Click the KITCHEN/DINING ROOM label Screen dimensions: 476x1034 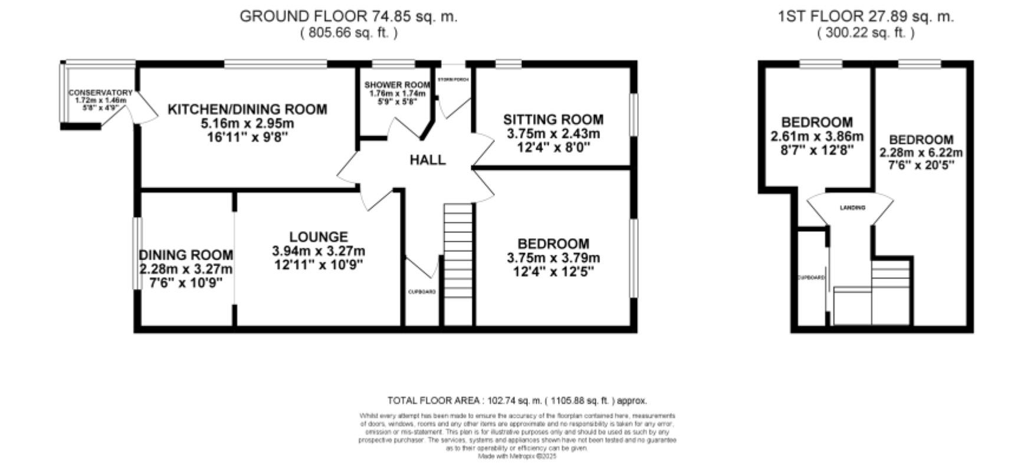coord(247,110)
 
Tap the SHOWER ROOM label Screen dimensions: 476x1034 coord(397,85)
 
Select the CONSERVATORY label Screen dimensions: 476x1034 coord(100,93)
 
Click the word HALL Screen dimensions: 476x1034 coord(428,160)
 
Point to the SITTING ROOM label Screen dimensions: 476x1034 coord(553,120)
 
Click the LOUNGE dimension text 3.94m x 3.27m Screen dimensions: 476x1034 coord(318,251)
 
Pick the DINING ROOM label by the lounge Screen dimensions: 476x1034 coord(186,255)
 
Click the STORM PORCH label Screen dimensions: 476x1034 coord(453,79)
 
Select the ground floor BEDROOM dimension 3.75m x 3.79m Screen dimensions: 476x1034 coord(553,258)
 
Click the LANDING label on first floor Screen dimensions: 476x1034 coord(852,208)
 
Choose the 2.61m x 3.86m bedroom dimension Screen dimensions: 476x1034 coord(817,137)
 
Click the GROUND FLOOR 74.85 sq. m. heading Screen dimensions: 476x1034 coord(348,17)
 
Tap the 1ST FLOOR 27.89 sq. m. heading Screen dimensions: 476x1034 coord(865,17)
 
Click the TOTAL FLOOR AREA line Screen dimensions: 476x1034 coord(517,401)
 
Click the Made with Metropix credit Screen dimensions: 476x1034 coord(517,457)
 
